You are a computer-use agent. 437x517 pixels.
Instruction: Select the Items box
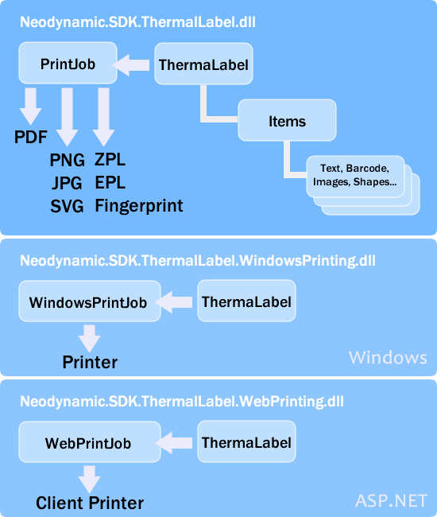287,121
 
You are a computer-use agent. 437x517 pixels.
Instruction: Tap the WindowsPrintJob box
87,303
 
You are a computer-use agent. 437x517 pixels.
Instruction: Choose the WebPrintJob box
87,443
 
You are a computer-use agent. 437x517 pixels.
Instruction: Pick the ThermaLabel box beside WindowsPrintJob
246,302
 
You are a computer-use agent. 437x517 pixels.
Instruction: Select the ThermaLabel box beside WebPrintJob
246,442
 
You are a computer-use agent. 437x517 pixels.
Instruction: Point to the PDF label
32,138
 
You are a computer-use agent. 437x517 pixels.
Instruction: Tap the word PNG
67,160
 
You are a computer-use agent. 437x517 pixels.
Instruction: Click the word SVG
67,206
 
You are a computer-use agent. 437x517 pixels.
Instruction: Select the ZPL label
110,160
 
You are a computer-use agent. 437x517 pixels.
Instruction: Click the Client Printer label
90,503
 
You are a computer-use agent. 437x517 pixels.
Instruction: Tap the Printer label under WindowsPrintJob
90,363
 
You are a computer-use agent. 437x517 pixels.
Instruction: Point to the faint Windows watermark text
388,357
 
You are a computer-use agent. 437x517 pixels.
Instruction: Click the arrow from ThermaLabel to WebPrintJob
176,442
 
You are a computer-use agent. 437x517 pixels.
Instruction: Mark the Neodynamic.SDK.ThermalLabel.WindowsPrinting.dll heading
198,260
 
